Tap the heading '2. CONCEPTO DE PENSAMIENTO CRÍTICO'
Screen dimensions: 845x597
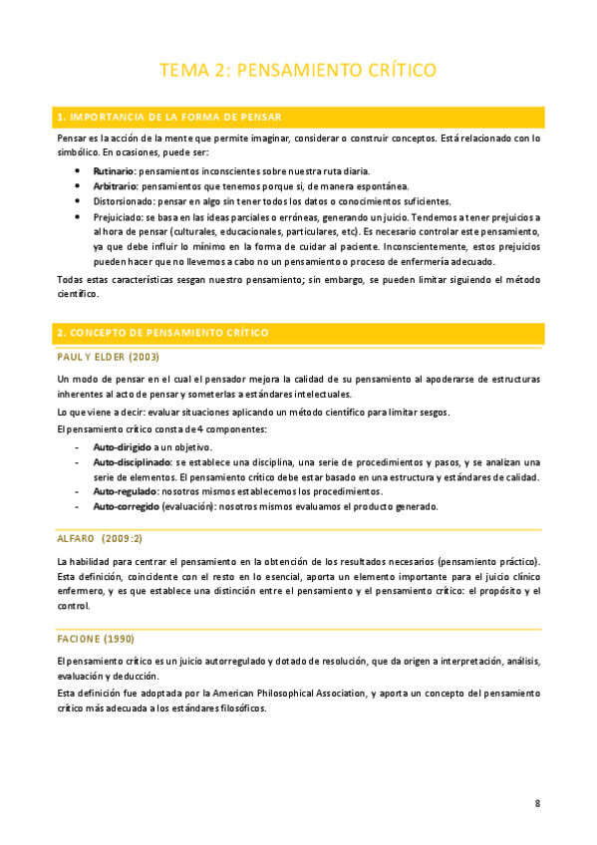(162, 332)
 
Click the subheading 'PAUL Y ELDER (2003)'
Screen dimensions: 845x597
(109, 357)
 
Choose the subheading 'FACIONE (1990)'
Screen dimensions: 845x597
(96, 639)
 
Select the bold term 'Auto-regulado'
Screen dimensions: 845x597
(125, 491)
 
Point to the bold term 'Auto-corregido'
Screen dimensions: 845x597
(127, 506)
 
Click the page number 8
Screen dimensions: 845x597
(537, 803)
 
